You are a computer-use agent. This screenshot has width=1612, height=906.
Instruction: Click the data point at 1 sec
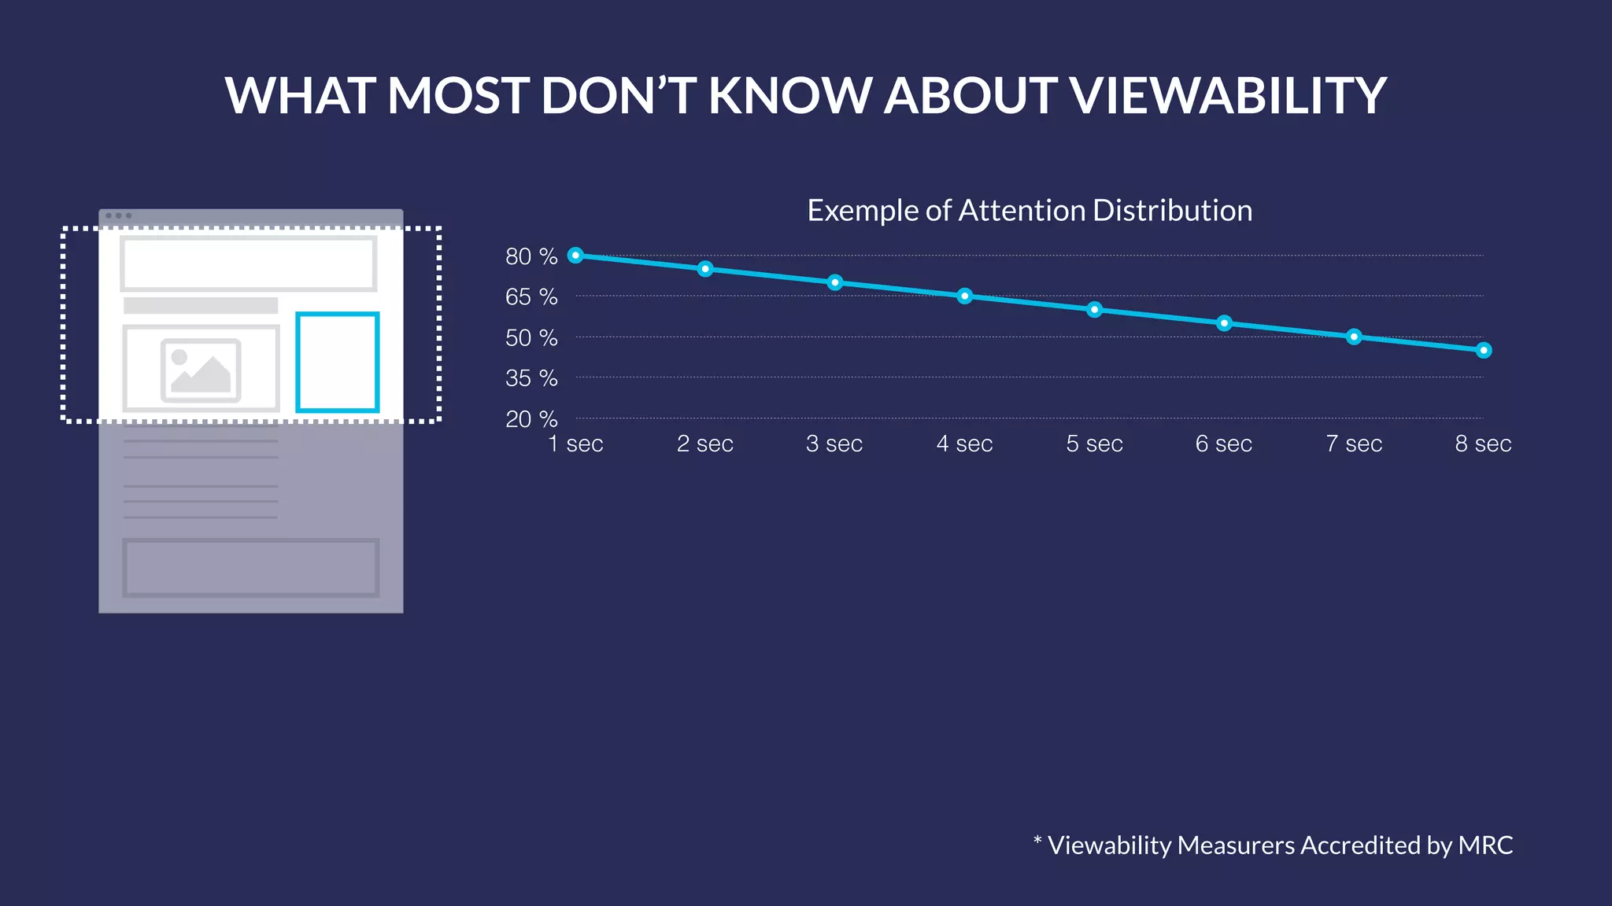575,255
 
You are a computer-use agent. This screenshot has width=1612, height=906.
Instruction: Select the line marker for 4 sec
965,296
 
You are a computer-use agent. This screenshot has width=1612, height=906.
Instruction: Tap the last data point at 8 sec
1484,350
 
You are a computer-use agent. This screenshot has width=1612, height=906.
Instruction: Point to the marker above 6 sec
1224,323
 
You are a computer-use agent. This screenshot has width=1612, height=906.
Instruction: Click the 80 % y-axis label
531,256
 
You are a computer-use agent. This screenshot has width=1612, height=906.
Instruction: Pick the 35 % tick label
531,378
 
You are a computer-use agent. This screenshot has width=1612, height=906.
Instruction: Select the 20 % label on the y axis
531,419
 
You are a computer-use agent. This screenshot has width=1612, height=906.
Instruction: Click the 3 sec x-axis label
834,444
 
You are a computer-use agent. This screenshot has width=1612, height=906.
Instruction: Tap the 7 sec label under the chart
1354,444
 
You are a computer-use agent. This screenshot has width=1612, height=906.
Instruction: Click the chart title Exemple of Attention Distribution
1030,211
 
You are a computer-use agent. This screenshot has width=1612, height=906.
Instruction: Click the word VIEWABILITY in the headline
1227,96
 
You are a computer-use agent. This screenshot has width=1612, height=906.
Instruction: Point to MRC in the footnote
1485,845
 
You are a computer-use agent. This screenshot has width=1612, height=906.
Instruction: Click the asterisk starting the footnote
1037,842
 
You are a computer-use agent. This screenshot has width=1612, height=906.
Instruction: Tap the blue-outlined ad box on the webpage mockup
338,362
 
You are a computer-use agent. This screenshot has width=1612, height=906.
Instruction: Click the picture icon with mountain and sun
201,370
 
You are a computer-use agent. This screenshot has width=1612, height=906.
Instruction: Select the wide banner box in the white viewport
248,263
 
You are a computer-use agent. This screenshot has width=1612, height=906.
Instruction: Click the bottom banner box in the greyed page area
250,567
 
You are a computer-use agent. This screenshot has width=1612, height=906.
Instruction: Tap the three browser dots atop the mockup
118,215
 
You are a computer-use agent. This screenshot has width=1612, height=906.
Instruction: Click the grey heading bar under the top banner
201,305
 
